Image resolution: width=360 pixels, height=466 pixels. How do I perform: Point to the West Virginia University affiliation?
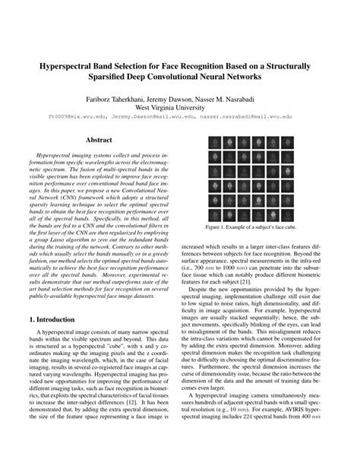(x=179, y=108)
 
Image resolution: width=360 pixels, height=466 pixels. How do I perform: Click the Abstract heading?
(x=99, y=140)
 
